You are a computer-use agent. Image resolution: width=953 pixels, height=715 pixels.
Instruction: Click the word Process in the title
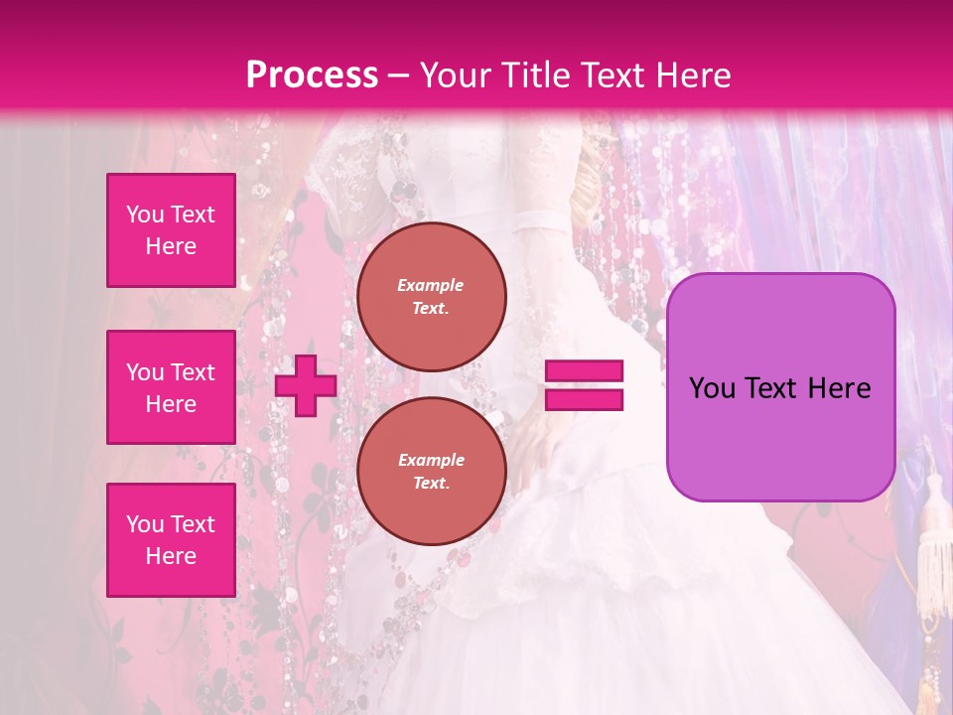[x=312, y=75]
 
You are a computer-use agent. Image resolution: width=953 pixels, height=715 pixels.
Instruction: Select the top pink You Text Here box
[x=171, y=230]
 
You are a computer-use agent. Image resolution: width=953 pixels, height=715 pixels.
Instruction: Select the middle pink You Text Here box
[x=171, y=387]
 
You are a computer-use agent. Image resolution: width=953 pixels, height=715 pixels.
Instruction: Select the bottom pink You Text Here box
[x=171, y=540]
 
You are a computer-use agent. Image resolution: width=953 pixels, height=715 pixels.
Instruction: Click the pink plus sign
[x=306, y=386]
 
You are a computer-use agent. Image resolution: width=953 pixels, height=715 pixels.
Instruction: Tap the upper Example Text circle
[x=431, y=297]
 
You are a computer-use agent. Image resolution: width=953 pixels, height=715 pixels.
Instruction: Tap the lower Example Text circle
[x=431, y=472]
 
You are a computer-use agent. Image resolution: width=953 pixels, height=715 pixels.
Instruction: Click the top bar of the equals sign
[x=584, y=371]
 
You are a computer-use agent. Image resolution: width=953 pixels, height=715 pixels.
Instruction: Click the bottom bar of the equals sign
[x=584, y=400]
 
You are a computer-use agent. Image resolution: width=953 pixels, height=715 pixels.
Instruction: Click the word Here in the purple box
[x=840, y=388]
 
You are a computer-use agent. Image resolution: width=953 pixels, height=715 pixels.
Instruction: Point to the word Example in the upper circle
[x=431, y=285]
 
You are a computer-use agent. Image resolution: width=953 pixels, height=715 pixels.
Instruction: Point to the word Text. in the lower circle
[x=431, y=484]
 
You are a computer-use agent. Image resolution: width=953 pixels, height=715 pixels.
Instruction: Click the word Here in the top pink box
[x=171, y=247]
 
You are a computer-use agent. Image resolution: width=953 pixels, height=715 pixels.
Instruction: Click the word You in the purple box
[x=712, y=388]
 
